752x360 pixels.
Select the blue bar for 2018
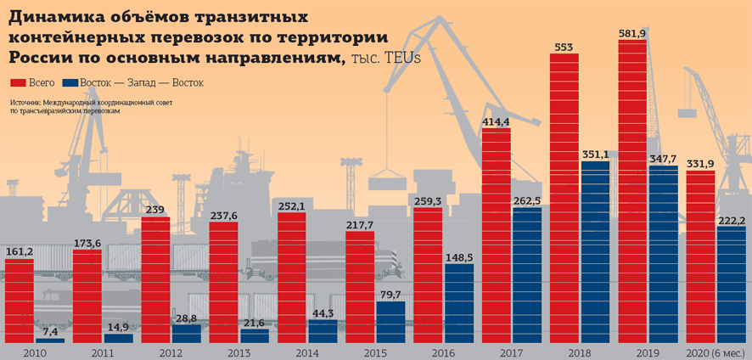tap(595, 251)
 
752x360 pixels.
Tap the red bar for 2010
tap(20, 301)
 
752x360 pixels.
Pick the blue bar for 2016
tap(459, 303)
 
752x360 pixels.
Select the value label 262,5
tap(526, 200)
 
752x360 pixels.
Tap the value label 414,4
tap(496, 122)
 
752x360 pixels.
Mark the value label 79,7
tap(390, 295)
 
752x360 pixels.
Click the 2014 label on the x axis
tap(308, 352)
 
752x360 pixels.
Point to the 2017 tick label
tap(512, 352)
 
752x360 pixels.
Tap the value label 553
tap(564, 47)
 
